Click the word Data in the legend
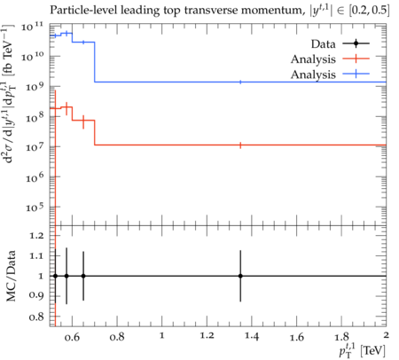pyautogui.click(x=323, y=44)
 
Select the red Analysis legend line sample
pyautogui.click(x=356, y=59)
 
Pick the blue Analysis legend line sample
pyautogui.click(x=356, y=74)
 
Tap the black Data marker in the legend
pyautogui.click(x=356, y=43)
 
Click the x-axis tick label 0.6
pyautogui.click(x=73, y=337)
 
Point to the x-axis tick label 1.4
pyautogui.click(x=252, y=337)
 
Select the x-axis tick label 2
pyautogui.click(x=386, y=335)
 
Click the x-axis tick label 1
pyautogui.click(x=162, y=336)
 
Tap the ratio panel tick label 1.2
pyautogui.click(x=36, y=236)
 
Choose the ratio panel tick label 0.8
pyautogui.click(x=36, y=317)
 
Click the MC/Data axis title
pyautogui.click(x=11, y=276)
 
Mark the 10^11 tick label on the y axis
pyautogui.click(x=32, y=27)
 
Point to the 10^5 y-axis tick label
pyautogui.click(x=35, y=207)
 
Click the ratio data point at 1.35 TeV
pyautogui.click(x=240, y=276)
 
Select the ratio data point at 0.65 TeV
pyautogui.click(x=83, y=276)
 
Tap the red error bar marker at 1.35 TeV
pyautogui.click(x=240, y=145)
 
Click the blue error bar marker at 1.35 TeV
pyautogui.click(x=240, y=82)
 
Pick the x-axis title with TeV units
pyautogui.click(x=363, y=350)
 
